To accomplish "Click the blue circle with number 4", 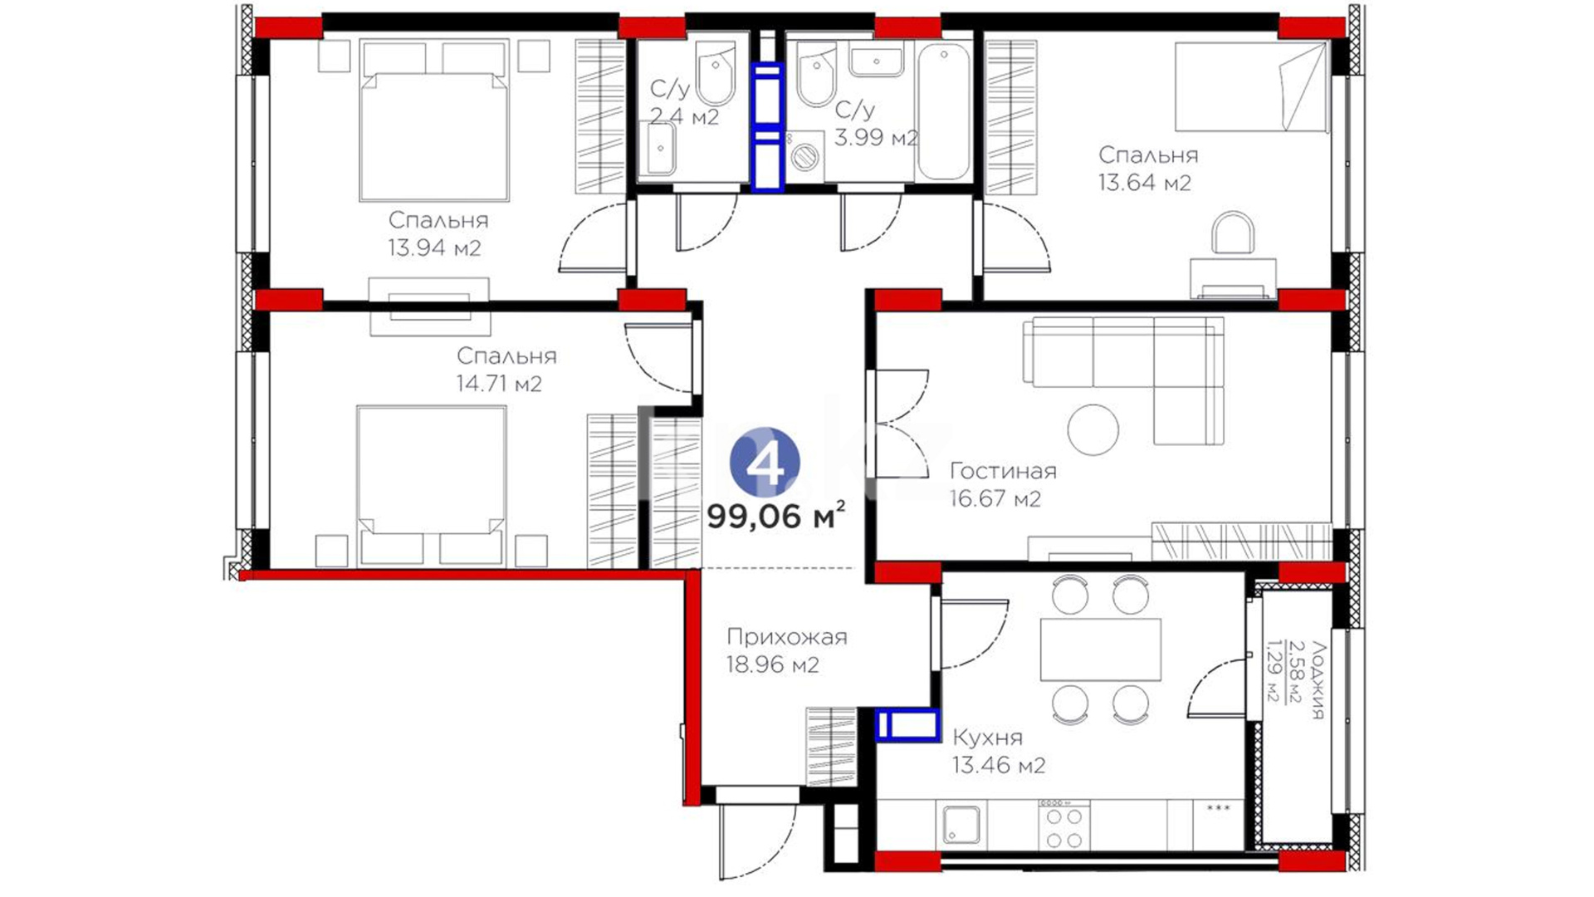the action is (x=765, y=463).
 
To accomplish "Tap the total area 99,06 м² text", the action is (x=776, y=517).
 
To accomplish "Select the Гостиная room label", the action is (x=1003, y=471).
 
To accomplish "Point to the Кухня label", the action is (x=987, y=738).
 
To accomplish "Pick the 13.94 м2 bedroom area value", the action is (x=434, y=248).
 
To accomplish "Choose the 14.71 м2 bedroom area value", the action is (x=499, y=384).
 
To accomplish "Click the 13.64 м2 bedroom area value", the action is (x=1145, y=183).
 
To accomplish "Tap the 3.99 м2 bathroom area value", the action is (x=876, y=137).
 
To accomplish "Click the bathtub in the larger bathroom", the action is (x=944, y=111).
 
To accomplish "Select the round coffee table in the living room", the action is (x=1093, y=429).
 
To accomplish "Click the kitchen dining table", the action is (x=1101, y=649).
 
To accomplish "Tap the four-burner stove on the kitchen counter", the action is (x=1063, y=827).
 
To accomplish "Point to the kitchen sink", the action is (x=961, y=825).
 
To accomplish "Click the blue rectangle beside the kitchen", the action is (x=908, y=725).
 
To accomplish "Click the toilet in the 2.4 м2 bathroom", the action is (x=716, y=73).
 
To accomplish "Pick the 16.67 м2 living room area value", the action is (x=995, y=499).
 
